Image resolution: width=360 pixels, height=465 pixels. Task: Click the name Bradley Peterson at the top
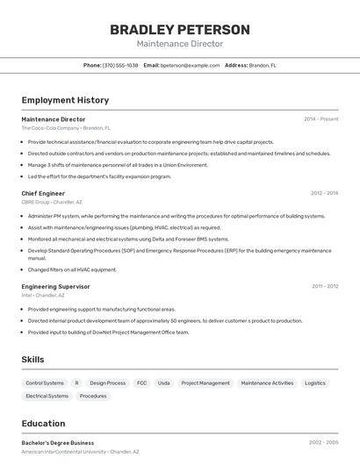179,30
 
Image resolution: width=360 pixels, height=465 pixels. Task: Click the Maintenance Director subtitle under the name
179,44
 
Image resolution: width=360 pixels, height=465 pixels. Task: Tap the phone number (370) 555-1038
120,65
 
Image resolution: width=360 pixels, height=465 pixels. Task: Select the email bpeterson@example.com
190,65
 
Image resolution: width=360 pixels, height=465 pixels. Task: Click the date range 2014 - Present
320,118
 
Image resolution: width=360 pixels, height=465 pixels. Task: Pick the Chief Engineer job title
43,193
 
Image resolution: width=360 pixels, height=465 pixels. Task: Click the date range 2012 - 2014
324,193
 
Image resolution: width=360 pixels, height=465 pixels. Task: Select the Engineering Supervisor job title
55,286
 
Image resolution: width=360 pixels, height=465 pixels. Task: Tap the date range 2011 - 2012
324,286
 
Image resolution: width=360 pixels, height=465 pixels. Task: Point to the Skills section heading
32,360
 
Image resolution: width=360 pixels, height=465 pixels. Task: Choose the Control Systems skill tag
45,383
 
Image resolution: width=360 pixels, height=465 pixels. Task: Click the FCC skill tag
141,383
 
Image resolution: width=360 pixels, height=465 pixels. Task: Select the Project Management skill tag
205,383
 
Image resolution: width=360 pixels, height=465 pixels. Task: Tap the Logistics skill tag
315,383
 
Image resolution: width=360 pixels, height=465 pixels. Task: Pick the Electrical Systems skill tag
47,397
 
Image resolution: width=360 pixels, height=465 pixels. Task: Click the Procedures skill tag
93,397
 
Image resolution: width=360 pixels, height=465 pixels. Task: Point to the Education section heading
43,424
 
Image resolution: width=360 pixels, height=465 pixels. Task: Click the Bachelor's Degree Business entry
58,443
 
